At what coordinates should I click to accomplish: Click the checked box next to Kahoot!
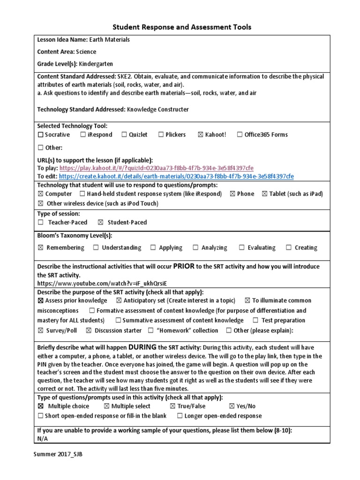pos(201,135)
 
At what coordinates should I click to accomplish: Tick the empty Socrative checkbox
pos(40,135)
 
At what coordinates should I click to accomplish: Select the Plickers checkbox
pos(160,135)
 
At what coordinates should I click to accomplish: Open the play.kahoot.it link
pos(157,168)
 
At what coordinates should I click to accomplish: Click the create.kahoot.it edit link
pos(177,177)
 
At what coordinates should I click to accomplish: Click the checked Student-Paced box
pos(100,223)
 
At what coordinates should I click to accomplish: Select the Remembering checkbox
pos(40,248)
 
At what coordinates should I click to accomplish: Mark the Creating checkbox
pos(289,248)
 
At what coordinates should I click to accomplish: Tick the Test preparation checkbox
pos(255,321)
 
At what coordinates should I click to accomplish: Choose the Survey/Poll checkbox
pos(40,331)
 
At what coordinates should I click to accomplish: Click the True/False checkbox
pos(172,406)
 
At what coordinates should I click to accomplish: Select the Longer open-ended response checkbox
pos(180,416)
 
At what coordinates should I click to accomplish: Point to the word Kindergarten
pos(96,64)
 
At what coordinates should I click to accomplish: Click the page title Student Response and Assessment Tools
pos(180,27)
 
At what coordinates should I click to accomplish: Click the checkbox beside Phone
pos(232,194)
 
